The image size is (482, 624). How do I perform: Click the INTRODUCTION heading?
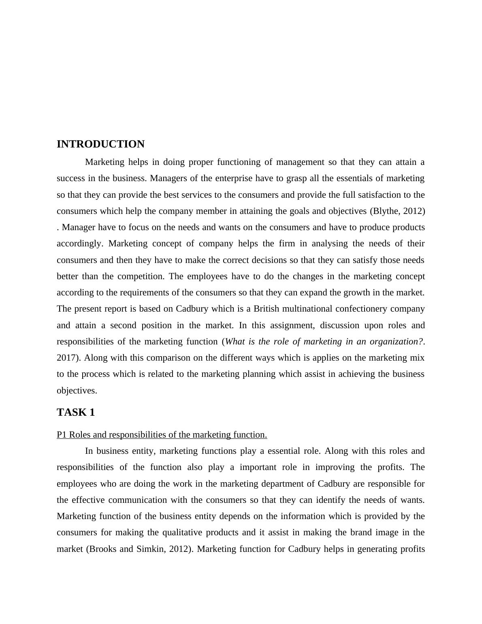(100, 144)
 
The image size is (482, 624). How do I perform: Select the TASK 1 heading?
(76, 412)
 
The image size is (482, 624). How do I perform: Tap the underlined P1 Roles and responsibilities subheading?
(162, 435)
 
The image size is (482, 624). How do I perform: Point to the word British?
(266, 309)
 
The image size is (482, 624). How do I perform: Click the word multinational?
(311, 309)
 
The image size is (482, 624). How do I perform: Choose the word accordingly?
(80, 244)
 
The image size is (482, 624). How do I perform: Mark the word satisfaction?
(371, 195)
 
